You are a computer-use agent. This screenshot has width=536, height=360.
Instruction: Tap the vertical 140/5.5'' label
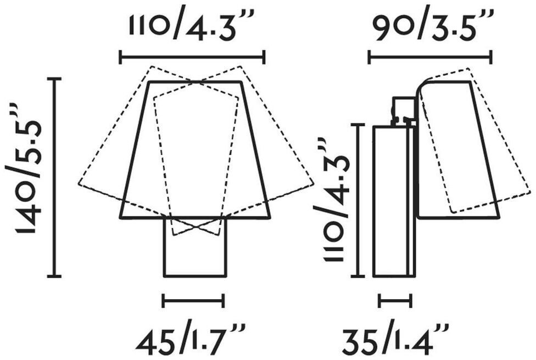[x=24, y=167]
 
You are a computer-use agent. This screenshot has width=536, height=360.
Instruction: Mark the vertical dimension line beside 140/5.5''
[x=54, y=177]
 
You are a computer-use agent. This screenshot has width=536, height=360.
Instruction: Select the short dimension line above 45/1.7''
[x=193, y=301]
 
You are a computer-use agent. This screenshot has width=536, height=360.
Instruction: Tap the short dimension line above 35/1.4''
[x=395, y=301]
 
